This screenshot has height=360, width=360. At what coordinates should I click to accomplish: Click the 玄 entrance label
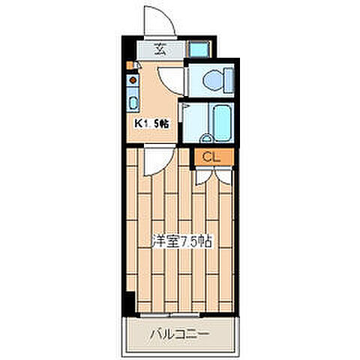pyautogui.click(x=160, y=51)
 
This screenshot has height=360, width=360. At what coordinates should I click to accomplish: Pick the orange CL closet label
pyautogui.click(x=210, y=157)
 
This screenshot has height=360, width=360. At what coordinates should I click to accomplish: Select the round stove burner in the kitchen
pyautogui.click(x=132, y=76)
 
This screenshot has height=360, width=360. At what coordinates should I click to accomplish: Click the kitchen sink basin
pyautogui.click(x=133, y=103)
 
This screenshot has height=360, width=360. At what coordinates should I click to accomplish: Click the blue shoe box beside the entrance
pyautogui.click(x=199, y=51)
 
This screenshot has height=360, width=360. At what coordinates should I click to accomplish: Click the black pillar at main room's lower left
pyautogui.click(x=128, y=299)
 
